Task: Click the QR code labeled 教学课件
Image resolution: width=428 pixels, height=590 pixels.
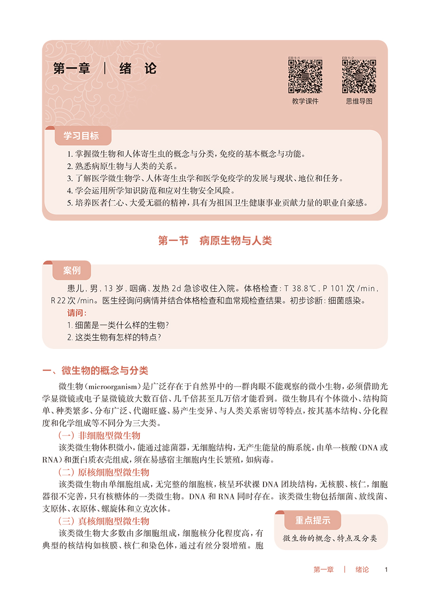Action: click(x=305, y=76)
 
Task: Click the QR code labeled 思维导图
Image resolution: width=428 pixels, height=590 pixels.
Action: click(x=359, y=76)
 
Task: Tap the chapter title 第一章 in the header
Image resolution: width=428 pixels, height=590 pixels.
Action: click(x=72, y=68)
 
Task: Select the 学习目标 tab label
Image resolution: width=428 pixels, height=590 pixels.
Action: click(x=81, y=135)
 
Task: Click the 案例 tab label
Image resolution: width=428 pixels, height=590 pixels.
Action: click(x=72, y=271)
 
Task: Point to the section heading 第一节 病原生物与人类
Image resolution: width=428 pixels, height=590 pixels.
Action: click(x=214, y=241)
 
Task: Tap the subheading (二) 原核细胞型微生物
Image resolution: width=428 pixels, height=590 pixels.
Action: click(x=103, y=472)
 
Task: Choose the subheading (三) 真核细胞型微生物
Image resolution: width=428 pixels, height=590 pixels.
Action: click(x=103, y=521)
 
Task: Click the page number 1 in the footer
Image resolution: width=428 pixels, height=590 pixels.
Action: click(x=386, y=570)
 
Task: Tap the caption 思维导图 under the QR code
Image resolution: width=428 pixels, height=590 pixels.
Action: click(x=359, y=101)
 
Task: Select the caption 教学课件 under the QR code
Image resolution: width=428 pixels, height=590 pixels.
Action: click(x=305, y=101)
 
